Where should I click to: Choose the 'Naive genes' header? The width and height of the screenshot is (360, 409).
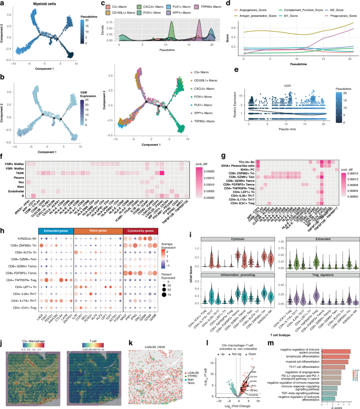(x=98, y=230)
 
